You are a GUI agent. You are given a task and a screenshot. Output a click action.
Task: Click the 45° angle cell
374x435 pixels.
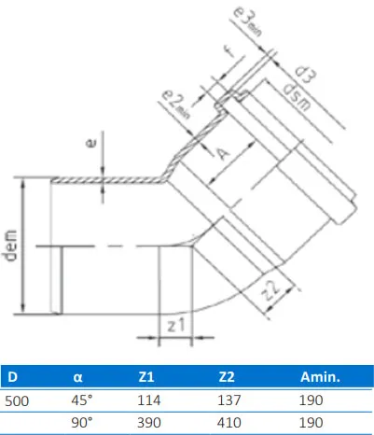[83, 399]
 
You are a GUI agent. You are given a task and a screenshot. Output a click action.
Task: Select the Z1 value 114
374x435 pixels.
[148, 399]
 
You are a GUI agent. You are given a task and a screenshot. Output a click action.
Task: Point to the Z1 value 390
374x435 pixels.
[148, 421]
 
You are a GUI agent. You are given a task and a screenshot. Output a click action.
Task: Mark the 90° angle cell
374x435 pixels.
[83, 421]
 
